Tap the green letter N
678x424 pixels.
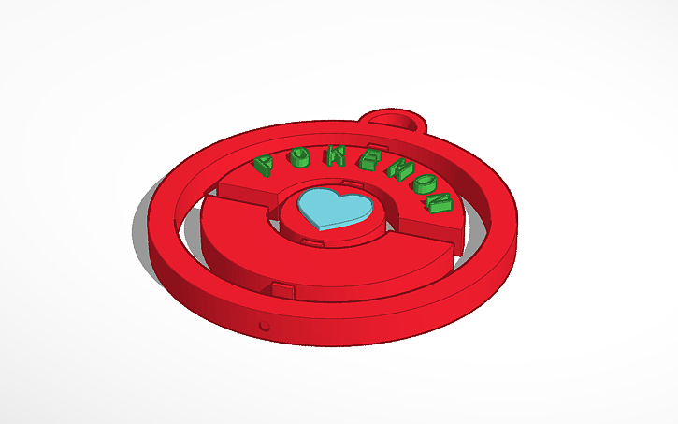tap(438, 202)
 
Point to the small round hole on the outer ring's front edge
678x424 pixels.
tap(265, 327)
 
